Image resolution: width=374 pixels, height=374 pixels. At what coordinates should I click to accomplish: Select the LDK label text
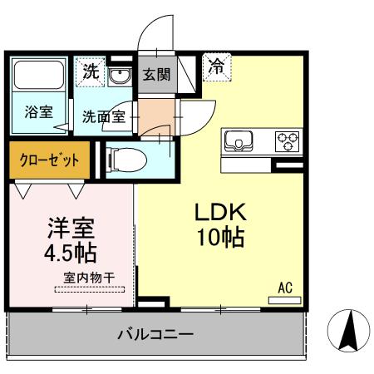click(219, 211)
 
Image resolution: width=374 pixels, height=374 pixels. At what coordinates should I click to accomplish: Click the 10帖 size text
click(219, 238)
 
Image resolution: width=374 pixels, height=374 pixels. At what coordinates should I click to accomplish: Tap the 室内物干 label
click(89, 277)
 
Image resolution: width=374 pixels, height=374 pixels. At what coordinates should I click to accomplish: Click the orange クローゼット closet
click(46, 160)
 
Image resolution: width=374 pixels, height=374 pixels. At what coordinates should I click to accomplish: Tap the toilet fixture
click(125, 159)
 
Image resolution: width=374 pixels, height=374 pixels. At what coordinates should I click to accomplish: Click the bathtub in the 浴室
click(39, 76)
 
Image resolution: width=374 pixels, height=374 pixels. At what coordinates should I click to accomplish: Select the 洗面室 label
click(103, 116)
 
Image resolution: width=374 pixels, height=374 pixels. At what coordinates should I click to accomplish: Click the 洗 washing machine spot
click(90, 71)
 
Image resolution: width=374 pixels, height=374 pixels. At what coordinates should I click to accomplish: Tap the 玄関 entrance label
click(155, 74)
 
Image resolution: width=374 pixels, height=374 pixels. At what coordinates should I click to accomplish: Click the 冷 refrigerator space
click(216, 64)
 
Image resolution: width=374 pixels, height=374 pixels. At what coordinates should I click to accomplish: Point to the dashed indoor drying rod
click(90, 289)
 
